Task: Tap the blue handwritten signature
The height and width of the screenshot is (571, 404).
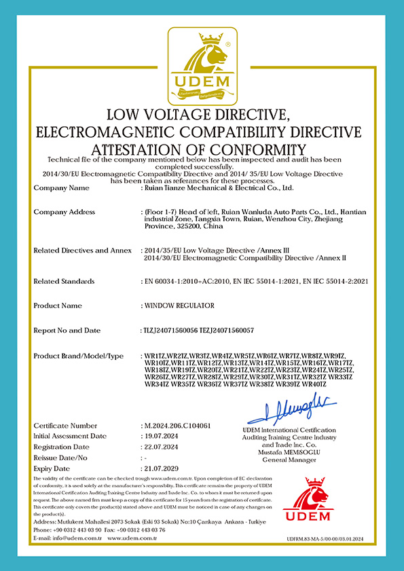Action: pyautogui.click(x=290, y=411)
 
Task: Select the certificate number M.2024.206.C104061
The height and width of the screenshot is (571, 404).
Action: pyautogui.click(x=174, y=425)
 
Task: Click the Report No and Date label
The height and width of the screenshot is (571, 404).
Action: pyautogui.click(x=68, y=330)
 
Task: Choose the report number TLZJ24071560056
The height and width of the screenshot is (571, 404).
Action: pyautogui.click(x=169, y=330)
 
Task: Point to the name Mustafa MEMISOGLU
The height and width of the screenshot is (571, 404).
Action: pyautogui.click(x=289, y=452)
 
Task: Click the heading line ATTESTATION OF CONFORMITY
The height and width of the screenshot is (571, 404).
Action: pyautogui.click(x=202, y=149)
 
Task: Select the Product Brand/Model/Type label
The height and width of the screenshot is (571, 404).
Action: pyautogui.click(x=78, y=356)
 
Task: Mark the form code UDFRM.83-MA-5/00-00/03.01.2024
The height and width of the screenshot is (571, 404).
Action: pyautogui.click(x=326, y=538)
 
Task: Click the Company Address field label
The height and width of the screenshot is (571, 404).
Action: pyautogui.click(x=64, y=212)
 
